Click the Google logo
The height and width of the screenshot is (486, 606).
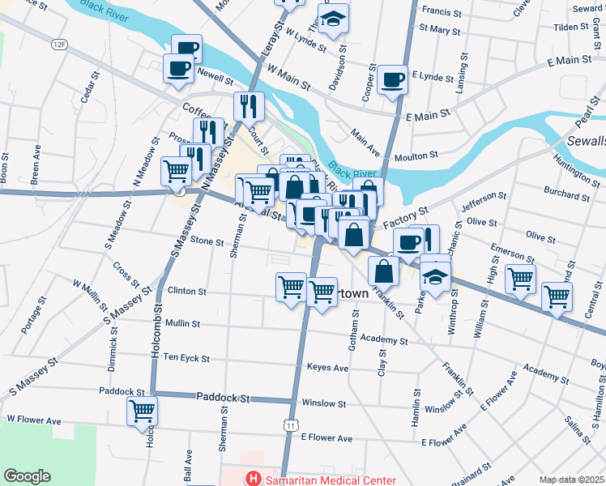pos(27,476)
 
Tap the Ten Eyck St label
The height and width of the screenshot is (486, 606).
pos(186,357)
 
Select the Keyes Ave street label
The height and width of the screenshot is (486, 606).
pos(327,368)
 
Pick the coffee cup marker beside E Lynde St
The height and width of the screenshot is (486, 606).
pos(393,79)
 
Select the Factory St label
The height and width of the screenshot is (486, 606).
pos(405,218)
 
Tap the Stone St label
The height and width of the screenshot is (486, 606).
pos(207,241)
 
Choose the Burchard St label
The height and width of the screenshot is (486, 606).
pos(565,194)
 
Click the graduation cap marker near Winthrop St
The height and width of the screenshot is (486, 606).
pos(435,277)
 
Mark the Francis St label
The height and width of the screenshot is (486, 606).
pos(442,12)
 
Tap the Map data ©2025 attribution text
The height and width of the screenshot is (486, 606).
pos(571,480)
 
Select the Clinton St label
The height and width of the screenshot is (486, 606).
pos(187,291)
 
